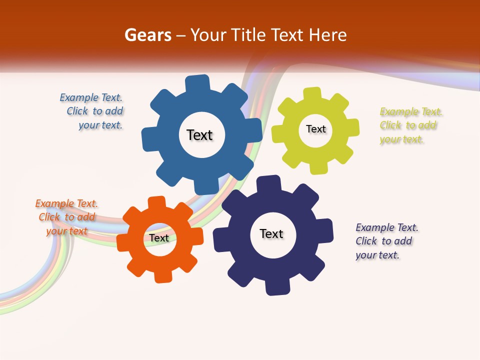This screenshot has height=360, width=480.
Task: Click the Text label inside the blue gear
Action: (199, 135)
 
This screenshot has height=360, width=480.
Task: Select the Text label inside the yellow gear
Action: (315, 129)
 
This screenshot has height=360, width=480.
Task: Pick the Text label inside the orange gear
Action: (159, 238)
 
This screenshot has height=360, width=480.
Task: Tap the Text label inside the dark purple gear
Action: (271, 233)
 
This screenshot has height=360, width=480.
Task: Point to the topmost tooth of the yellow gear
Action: (312, 94)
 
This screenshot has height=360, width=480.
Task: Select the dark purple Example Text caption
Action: (386, 241)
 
